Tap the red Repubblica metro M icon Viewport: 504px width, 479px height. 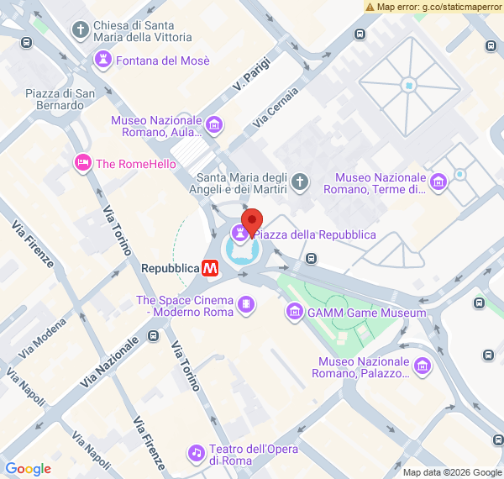click(210, 268)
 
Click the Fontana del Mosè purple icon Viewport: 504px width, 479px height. click(102, 61)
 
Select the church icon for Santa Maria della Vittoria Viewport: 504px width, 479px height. click(81, 31)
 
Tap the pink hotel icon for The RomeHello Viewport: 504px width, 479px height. click(82, 163)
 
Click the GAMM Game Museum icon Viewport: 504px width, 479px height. click(295, 313)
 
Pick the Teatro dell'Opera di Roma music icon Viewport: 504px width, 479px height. click(197, 454)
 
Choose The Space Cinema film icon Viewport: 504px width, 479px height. click(245, 306)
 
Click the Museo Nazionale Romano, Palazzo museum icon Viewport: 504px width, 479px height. click(423, 366)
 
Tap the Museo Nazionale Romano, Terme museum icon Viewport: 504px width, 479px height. click(438, 182)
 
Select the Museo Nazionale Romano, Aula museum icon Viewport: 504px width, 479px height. click(214, 126)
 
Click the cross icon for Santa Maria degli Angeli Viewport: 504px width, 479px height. click(300, 182)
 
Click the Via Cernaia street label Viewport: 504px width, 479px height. click(275, 108)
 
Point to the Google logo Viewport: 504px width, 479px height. click(28, 469)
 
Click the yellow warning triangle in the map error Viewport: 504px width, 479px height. click(370, 7)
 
